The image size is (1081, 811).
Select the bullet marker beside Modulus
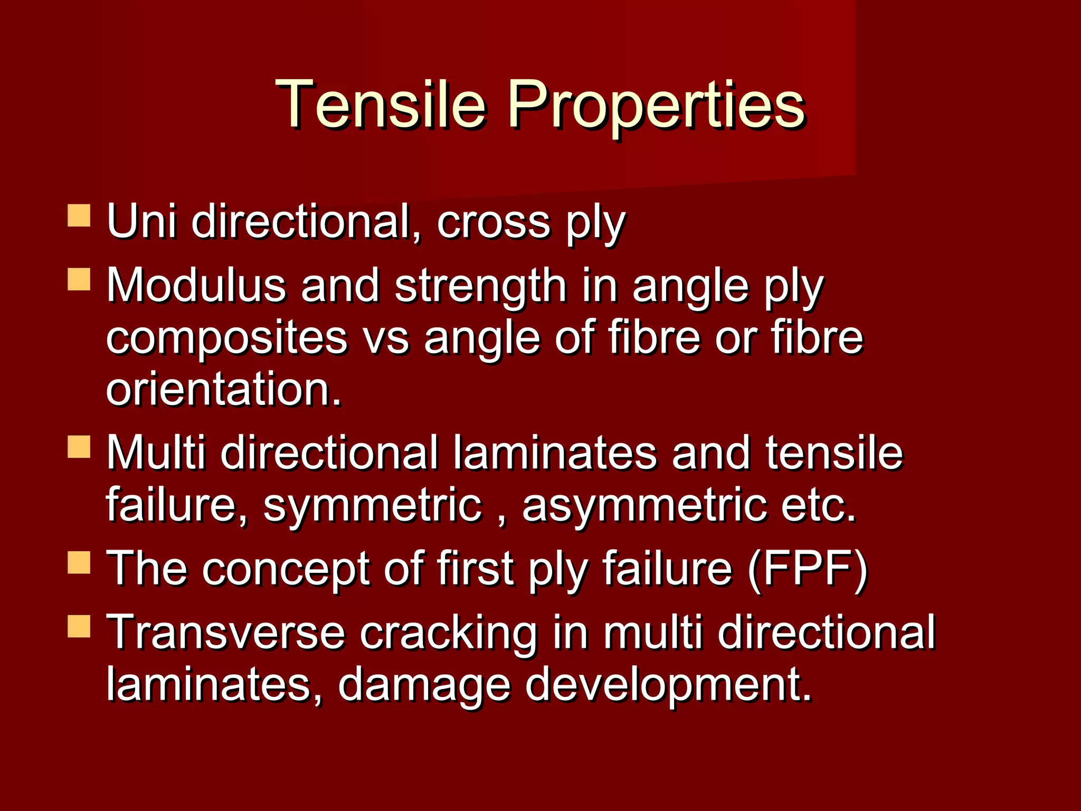(x=79, y=279)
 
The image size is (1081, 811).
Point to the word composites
(x=227, y=340)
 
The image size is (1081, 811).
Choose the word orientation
(x=224, y=390)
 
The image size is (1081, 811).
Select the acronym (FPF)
(x=808, y=569)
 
